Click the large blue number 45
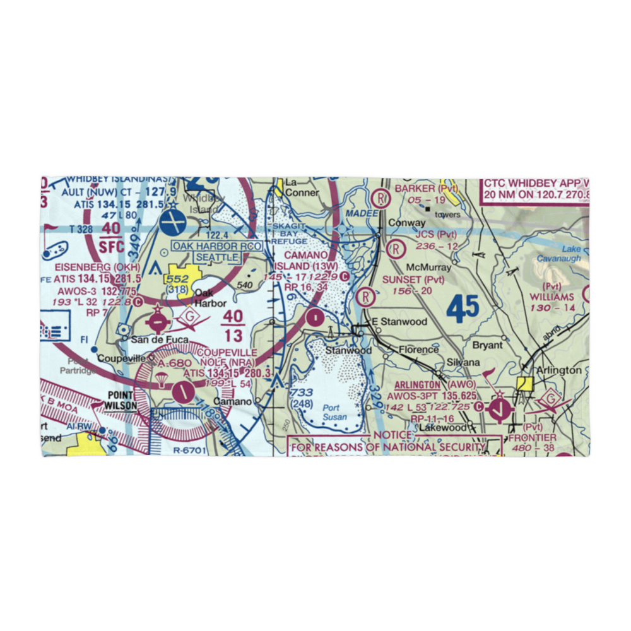pos(463,310)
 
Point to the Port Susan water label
pos(331,413)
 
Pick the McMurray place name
pos(428,268)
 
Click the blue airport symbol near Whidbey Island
pos(173,221)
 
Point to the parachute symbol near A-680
pos(162,379)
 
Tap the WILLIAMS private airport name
pos(551,297)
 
